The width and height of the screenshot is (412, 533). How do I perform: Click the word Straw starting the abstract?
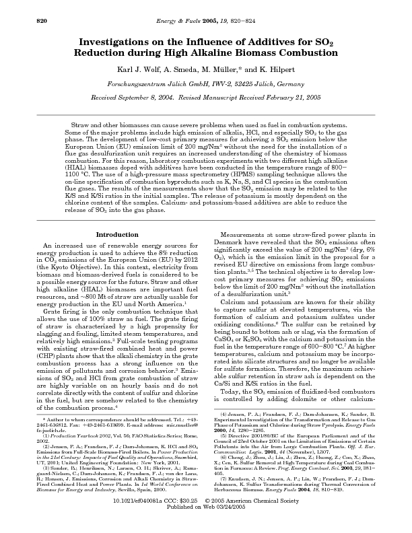click(79, 126)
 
